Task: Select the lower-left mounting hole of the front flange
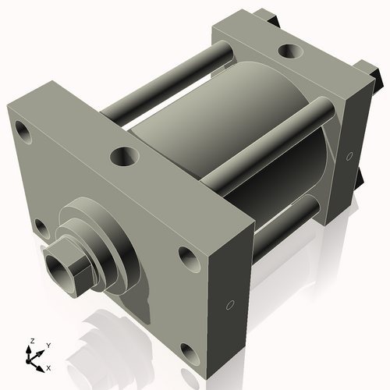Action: [40, 227]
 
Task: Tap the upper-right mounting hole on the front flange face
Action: [187, 256]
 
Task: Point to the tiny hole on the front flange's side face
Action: [229, 303]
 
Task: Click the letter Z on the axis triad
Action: [30, 341]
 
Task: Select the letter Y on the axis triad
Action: [48, 344]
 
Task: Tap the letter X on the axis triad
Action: [49, 367]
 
